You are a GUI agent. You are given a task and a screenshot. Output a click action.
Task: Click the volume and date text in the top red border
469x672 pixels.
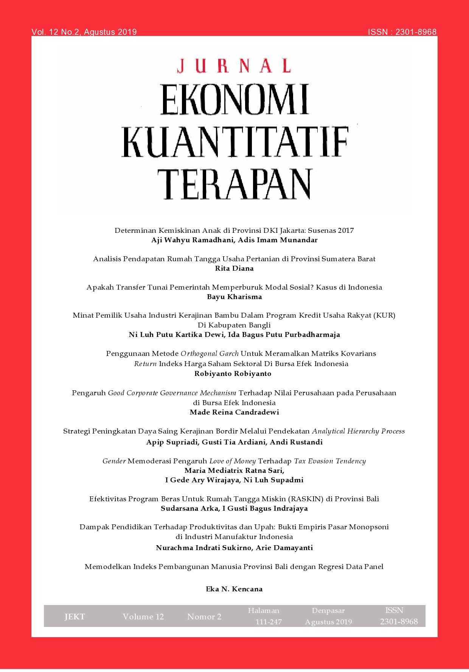click(84, 32)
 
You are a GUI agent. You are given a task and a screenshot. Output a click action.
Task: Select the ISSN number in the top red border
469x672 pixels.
click(402, 32)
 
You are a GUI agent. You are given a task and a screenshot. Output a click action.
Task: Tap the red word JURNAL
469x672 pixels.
click(234, 66)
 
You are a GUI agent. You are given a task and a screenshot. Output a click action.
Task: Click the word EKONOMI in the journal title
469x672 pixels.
click(234, 100)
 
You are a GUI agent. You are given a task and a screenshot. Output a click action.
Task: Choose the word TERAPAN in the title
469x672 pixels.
click(234, 184)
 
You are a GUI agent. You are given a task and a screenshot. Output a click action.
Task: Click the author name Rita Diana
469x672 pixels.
click(234, 268)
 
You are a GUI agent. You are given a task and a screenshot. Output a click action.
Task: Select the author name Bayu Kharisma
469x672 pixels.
click(234, 297)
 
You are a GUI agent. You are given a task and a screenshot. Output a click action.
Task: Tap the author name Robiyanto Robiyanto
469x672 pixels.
click(233, 374)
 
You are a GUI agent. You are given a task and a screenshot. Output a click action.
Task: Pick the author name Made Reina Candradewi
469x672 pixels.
click(234, 412)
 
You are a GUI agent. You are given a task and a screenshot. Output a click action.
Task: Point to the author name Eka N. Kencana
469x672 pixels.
click(234, 589)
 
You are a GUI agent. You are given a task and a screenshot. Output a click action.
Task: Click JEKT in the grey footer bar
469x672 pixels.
click(75, 617)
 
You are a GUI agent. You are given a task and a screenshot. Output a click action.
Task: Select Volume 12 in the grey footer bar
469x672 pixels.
click(143, 617)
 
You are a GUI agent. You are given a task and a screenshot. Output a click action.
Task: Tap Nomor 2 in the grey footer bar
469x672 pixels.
click(204, 617)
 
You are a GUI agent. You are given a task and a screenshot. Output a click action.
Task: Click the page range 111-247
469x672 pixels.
click(269, 622)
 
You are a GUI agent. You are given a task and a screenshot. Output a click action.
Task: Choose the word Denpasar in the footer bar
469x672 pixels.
click(328, 611)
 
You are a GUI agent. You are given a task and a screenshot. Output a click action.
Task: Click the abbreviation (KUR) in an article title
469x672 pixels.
click(384, 315)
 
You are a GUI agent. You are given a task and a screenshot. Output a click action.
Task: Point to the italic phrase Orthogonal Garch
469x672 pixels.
click(210, 354)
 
